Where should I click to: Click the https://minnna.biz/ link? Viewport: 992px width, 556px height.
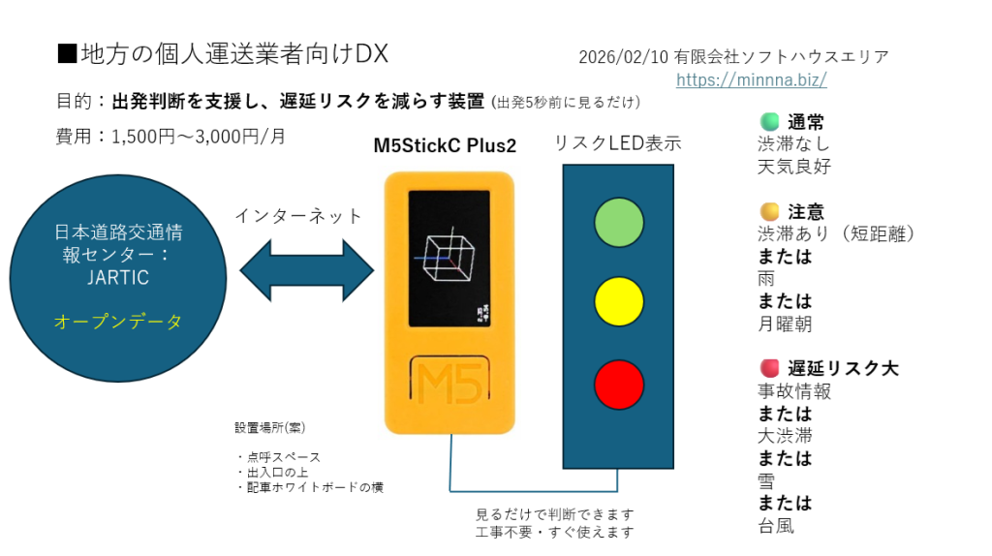point(751,79)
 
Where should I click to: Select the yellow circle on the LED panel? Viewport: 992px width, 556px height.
point(619,300)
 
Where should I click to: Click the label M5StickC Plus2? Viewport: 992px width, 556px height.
point(445,146)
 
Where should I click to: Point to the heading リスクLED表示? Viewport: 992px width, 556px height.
point(618,143)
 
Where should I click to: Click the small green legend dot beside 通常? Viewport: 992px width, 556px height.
point(770,122)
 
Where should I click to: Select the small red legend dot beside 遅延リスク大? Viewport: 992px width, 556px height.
point(770,367)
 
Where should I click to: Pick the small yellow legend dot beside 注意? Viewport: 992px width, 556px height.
point(770,211)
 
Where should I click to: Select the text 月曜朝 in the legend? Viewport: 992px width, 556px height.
point(785,324)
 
